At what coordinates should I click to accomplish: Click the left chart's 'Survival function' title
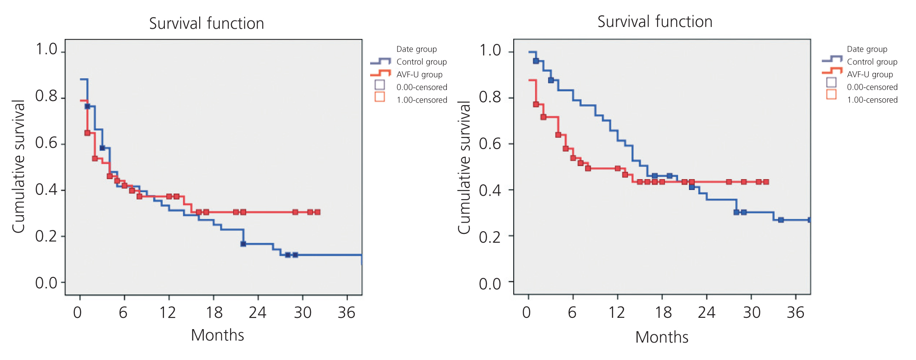[207, 23]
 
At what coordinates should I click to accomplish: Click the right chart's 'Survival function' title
[655, 22]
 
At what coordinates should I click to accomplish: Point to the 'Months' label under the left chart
[217, 335]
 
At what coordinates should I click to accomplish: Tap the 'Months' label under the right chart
[662, 337]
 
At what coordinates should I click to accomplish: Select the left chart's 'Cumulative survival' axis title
[19, 167]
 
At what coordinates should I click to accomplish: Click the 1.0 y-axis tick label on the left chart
[47, 50]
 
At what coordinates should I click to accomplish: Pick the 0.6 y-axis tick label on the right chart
[490, 143]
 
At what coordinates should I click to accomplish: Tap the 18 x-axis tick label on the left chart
[214, 313]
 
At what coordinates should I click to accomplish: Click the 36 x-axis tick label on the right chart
[796, 313]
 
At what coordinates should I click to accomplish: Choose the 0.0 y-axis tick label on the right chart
[490, 284]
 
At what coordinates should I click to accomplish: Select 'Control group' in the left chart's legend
[421, 62]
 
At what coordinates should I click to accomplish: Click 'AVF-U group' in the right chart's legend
[870, 74]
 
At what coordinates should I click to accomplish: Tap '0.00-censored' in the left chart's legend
[421, 87]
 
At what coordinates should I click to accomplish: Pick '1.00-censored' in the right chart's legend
[872, 100]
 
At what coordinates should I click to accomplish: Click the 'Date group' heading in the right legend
[867, 49]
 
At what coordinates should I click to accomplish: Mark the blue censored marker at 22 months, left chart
[243, 244]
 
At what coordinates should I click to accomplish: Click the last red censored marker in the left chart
[318, 212]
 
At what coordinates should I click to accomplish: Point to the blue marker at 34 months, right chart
[781, 220]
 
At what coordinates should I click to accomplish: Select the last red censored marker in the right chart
[766, 182]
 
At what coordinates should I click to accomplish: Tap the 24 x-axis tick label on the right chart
[706, 313]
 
